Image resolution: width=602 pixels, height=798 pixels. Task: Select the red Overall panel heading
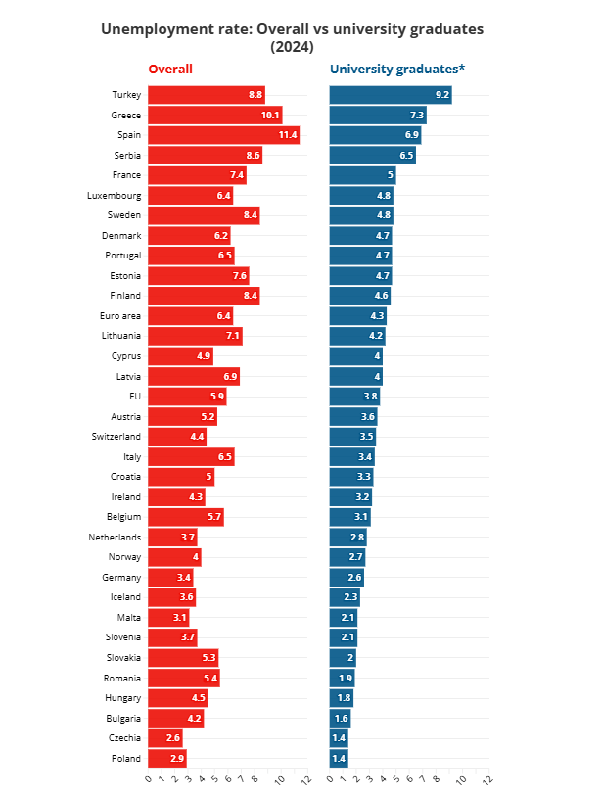click(x=170, y=70)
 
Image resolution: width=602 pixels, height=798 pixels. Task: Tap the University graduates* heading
click(x=396, y=70)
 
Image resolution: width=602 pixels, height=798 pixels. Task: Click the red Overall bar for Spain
click(x=223, y=135)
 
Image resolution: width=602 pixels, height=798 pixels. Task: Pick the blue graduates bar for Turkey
click(x=390, y=95)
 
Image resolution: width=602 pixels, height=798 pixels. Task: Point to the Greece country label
click(x=126, y=115)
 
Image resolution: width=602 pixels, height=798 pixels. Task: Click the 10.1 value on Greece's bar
click(x=270, y=115)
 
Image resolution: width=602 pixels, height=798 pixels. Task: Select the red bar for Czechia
click(x=164, y=738)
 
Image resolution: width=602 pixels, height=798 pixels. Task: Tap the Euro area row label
click(x=120, y=315)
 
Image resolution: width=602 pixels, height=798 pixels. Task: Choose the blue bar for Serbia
click(x=372, y=155)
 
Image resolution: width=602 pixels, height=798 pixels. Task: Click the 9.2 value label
click(x=441, y=95)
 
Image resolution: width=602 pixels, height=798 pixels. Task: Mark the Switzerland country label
click(x=116, y=436)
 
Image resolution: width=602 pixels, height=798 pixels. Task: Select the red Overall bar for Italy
click(x=191, y=456)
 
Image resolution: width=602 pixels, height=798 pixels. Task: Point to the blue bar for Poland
click(x=339, y=759)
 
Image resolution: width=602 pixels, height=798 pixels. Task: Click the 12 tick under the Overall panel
click(x=305, y=779)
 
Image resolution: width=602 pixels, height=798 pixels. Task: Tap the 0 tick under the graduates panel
click(x=330, y=779)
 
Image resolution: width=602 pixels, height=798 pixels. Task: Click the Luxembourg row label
click(x=115, y=195)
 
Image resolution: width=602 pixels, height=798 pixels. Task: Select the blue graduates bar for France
click(x=362, y=175)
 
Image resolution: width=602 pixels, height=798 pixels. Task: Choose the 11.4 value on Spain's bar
click(x=287, y=135)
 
